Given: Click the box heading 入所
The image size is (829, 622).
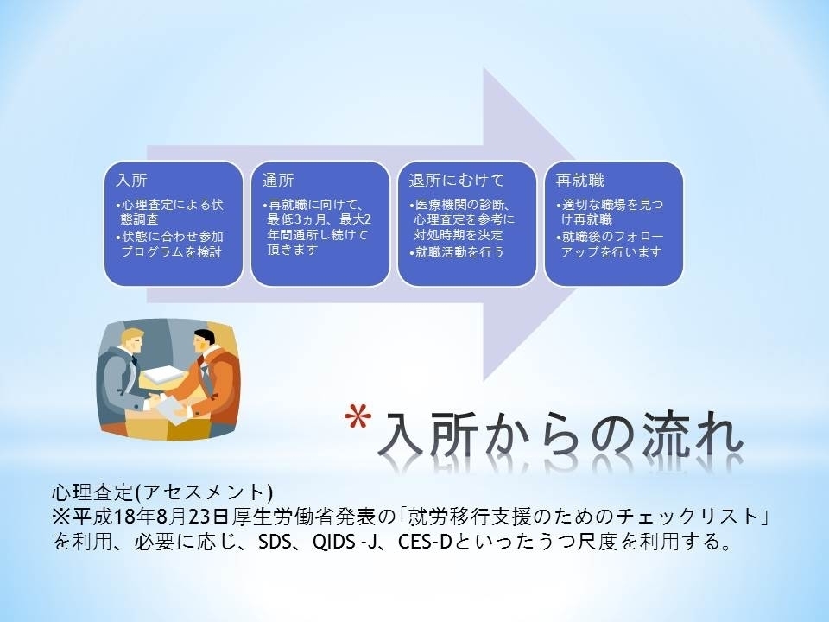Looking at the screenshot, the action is [131, 181].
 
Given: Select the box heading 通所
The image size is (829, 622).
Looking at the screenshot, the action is [278, 181].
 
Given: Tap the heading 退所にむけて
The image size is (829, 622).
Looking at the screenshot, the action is [457, 181].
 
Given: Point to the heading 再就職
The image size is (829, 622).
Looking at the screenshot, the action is [580, 181].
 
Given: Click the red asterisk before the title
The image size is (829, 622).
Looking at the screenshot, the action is [358, 416].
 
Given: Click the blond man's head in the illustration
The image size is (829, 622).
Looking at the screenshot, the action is [131, 342].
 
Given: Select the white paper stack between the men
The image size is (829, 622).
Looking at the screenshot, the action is [163, 375].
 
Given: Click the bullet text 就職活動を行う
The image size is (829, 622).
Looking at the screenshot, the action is [457, 252].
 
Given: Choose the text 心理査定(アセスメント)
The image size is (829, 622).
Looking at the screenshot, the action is [163, 492].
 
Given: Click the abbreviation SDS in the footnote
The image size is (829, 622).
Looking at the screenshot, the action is [276, 542].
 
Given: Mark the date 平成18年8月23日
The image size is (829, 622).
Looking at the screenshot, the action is [151, 517].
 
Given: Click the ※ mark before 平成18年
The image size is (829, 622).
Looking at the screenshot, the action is [62, 517].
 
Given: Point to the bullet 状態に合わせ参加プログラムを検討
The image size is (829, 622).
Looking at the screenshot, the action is [170, 244].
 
